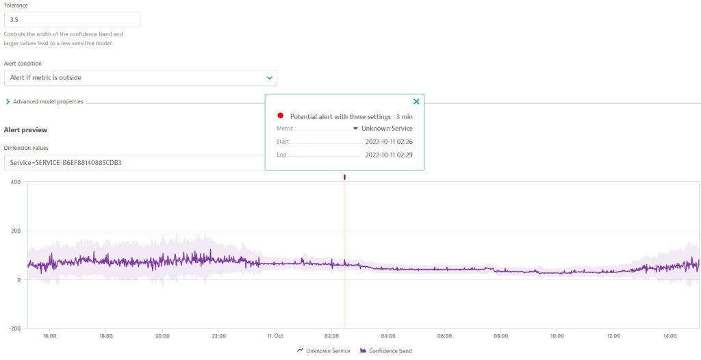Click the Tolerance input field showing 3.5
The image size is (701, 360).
(x=72, y=20)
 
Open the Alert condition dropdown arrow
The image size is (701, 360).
(x=270, y=78)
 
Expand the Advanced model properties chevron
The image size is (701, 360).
(x=8, y=102)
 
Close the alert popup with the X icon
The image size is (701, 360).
(x=416, y=102)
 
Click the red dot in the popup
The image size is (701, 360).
(x=281, y=116)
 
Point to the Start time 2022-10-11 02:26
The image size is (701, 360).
(x=389, y=142)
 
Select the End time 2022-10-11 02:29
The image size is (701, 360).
(x=389, y=155)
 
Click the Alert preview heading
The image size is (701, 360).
(x=25, y=129)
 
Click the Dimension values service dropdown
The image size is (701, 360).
(x=133, y=162)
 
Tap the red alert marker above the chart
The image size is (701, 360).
(x=344, y=177)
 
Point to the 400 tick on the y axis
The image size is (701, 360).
(x=15, y=182)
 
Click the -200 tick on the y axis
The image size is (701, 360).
(x=14, y=328)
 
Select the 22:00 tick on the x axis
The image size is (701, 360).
(x=219, y=336)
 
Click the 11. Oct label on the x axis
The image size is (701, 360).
(x=275, y=336)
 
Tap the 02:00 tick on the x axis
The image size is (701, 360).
(x=331, y=336)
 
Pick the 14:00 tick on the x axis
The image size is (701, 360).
(x=670, y=336)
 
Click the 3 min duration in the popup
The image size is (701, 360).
(x=404, y=117)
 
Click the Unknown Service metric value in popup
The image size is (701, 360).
(x=387, y=129)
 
